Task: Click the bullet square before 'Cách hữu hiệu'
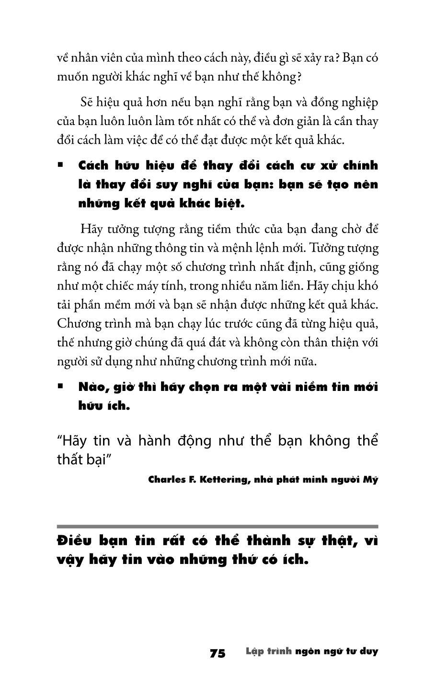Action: coord(60,165)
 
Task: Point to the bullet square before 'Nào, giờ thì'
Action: coord(60,386)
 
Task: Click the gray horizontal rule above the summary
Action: coord(218,526)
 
